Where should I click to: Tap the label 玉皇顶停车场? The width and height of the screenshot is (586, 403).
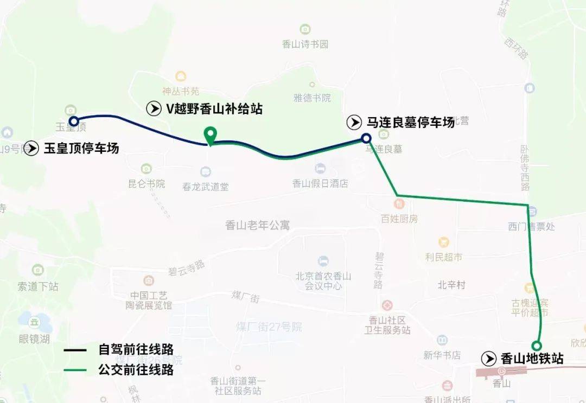coord(81,148)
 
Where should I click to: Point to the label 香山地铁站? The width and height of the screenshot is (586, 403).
coord(531,359)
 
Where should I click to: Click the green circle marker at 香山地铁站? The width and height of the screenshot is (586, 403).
coord(536,346)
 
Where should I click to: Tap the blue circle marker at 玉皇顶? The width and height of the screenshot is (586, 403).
coord(73,121)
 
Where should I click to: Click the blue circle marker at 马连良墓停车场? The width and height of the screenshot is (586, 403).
coord(366,138)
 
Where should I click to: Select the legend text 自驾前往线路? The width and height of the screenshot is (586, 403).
coord(136,350)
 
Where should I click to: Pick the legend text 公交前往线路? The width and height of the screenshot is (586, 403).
coord(136,370)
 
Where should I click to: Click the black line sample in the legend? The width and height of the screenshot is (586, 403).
coord(74,350)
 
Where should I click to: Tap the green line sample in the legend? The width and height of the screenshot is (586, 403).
coord(74,370)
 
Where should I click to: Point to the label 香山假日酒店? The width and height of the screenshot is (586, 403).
coord(320,183)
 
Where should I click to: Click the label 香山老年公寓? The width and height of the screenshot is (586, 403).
coord(257,225)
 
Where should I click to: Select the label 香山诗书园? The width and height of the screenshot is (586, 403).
coord(305,44)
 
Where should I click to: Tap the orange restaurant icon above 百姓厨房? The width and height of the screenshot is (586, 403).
coord(400,204)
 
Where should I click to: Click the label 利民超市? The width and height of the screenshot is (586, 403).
coord(444,257)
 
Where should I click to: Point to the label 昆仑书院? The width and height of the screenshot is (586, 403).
coord(146,183)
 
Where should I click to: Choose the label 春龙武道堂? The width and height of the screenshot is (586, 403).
coord(206,187)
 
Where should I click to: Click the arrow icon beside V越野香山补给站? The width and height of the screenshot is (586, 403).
coord(154,109)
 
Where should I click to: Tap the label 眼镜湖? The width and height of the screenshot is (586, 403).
coord(34,339)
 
